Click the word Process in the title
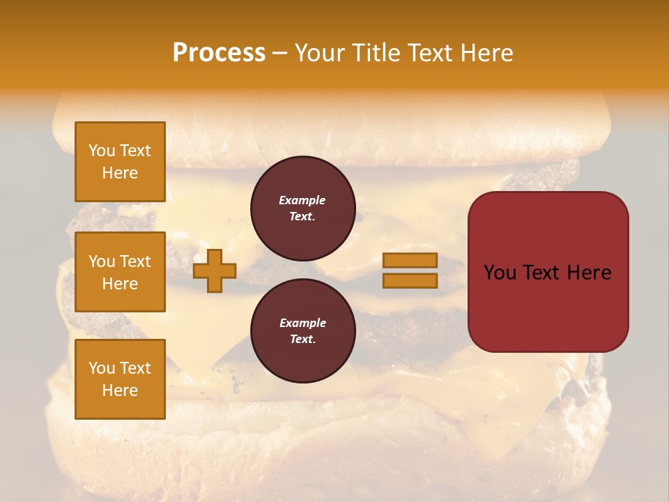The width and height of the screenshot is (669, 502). click(219, 53)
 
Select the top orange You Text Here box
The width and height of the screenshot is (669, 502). click(120, 162)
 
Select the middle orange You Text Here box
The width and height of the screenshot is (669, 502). click(120, 272)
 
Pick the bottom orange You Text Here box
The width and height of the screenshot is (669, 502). click(120, 379)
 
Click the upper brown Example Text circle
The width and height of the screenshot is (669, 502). click(303, 208)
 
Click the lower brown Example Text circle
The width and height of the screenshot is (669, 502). click(303, 331)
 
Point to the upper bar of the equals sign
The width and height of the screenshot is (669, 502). click(410, 261)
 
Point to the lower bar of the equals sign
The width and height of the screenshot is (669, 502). click(410, 281)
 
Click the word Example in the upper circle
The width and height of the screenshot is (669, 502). click(302, 200)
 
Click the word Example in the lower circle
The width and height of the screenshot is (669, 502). click(302, 323)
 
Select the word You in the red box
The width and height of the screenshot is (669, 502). click(500, 273)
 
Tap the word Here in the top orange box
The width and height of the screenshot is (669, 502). click(120, 173)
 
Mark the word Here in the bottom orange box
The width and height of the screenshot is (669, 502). click(120, 390)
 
